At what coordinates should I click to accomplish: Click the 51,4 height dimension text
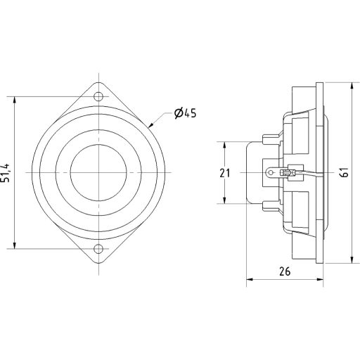click(x=6, y=172)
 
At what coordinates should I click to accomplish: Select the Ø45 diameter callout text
click(x=184, y=113)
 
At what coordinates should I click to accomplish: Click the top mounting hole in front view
click(x=98, y=96)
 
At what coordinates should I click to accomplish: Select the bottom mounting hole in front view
click(x=98, y=247)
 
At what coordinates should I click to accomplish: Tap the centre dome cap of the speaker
click(x=98, y=172)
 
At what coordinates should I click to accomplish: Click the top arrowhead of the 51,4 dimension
click(x=14, y=98)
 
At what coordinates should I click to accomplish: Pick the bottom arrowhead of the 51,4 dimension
click(x=14, y=245)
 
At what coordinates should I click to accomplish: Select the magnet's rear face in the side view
click(x=247, y=172)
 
